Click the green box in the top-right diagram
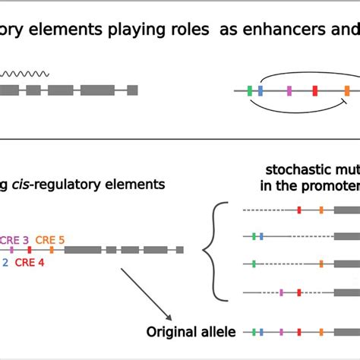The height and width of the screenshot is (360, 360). coord(250,91)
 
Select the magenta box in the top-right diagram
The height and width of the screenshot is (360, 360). coord(289,91)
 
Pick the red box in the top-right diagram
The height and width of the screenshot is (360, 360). coord(315,91)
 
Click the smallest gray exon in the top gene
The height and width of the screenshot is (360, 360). coord(132,90)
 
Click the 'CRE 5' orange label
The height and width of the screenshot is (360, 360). coord(50,238)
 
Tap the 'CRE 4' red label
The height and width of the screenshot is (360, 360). coord(31,262)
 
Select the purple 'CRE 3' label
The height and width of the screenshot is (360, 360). coord(14,238)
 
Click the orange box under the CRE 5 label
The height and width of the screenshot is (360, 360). coord(53,249)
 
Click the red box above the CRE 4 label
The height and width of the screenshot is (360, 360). coord(30,249)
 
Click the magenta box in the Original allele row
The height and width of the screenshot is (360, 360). coord(281,332)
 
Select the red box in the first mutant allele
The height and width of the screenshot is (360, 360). coord(299,210)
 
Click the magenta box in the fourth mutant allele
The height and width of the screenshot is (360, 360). coord(281,292)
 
